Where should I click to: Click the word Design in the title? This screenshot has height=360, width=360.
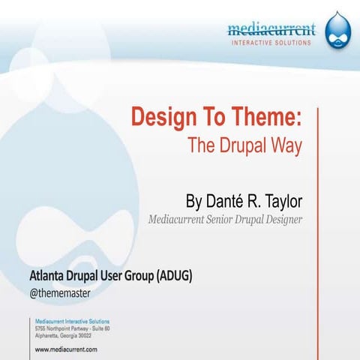click(x=162, y=118)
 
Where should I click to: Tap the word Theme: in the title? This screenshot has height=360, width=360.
click(x=262, y=118)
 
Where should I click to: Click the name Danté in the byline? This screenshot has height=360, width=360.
click(x=230, y=202)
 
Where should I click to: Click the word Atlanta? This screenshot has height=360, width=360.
click(x=46, y=276)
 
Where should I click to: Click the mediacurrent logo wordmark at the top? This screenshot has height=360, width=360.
click(x=271, y=29)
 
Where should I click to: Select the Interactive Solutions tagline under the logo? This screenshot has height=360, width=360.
click(x=271, y=42)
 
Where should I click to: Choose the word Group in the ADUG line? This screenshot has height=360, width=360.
click(x=133, y=276)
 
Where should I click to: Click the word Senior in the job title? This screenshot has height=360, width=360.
click(x=229, y=220)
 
